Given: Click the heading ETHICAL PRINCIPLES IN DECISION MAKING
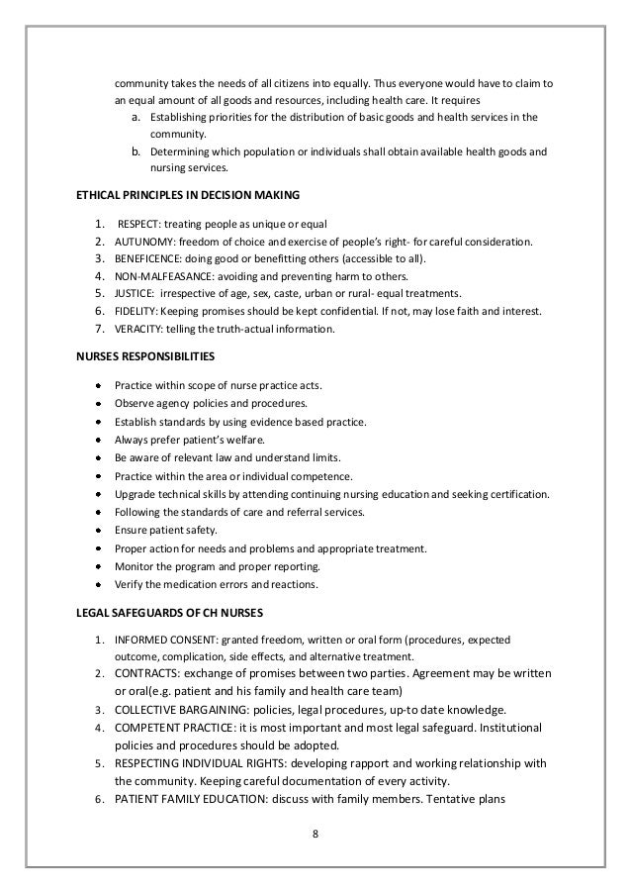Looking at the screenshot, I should coord(188,193).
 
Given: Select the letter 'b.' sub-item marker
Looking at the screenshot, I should coord(136,152).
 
